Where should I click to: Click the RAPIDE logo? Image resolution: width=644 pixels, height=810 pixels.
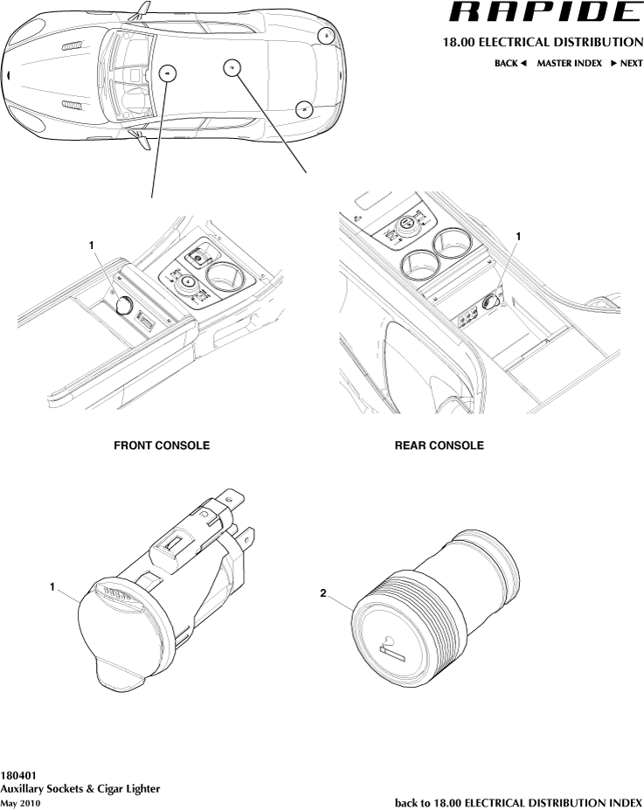[544, 12]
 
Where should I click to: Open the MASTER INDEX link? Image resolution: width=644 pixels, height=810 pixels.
[569, 64]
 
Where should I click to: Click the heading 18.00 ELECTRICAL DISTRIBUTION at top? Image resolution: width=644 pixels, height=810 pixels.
[543, 43]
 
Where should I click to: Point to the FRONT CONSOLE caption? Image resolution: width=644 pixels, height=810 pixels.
[162, 446]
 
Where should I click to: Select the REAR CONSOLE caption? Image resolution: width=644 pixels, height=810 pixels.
[439, 446]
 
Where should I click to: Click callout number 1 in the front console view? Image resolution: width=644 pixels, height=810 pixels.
[92, 246]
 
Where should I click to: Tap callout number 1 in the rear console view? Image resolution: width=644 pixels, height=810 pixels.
[519, 236]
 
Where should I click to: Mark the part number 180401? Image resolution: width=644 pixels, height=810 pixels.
[18, 775]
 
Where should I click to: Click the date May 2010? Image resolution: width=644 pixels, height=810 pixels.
[20, 802]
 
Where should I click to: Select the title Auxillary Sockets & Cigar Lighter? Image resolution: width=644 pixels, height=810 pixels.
[80, 788]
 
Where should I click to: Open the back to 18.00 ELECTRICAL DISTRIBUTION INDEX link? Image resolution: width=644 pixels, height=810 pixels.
[518, 802]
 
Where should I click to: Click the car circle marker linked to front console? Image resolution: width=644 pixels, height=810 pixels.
[167, 73]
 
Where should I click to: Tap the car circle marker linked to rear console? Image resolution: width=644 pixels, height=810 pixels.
[232, 67]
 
